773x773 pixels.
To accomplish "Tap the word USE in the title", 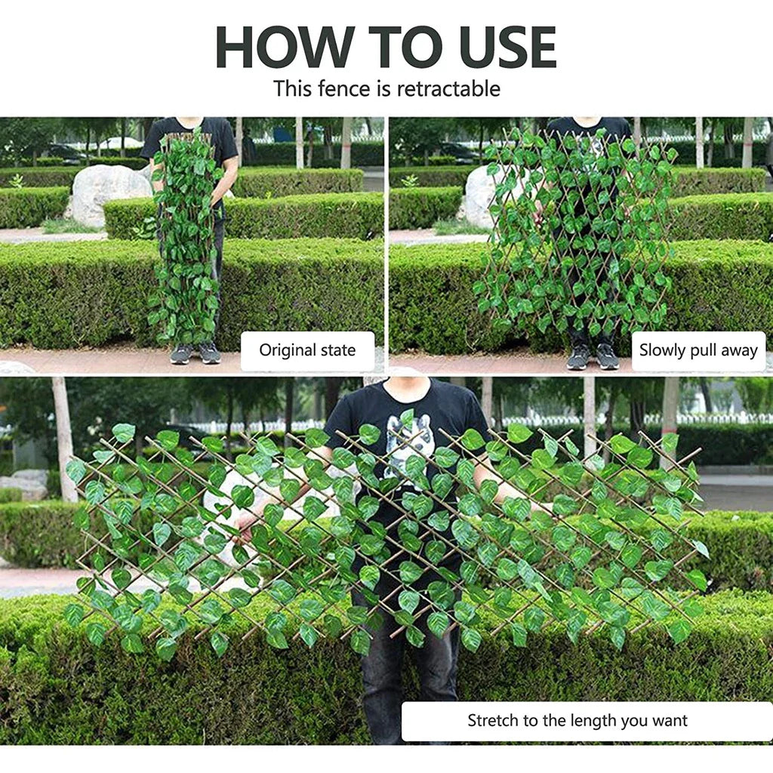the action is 508,47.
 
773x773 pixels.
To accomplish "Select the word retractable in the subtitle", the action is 448,89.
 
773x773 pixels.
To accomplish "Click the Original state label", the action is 307,350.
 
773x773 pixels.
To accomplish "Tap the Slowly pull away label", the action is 698,350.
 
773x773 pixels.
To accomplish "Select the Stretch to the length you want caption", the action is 577,720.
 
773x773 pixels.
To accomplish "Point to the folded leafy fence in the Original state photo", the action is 186,236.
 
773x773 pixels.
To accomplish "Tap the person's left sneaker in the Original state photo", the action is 181,353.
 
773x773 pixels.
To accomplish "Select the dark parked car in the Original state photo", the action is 66,152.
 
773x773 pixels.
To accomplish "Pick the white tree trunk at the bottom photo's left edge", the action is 63,439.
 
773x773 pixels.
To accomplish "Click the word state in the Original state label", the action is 338,350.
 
